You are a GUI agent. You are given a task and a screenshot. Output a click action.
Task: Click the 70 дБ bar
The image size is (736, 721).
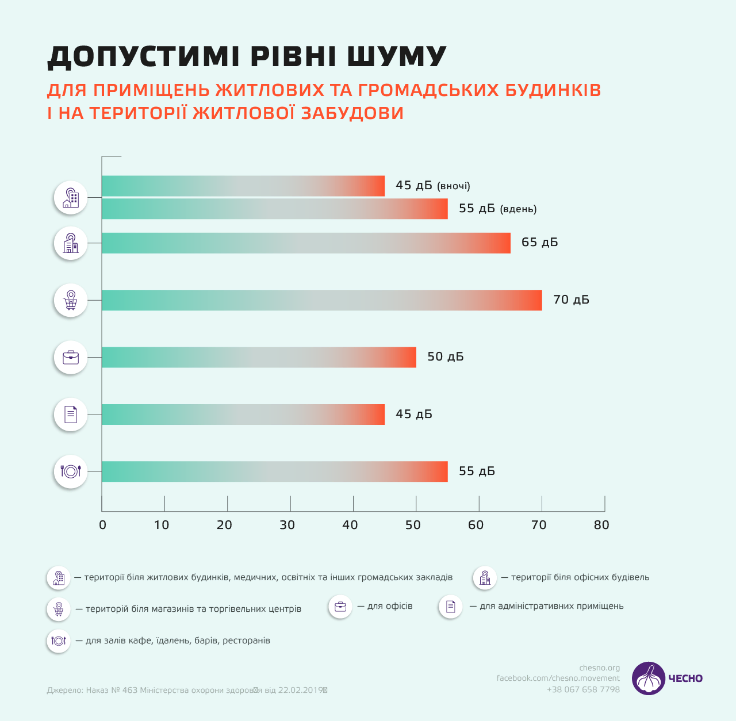tap(321, 300)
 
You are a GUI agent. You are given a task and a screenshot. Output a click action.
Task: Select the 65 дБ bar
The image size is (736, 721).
tap(306, 243)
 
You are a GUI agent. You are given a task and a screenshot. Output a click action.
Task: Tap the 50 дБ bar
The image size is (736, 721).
tap(259, 357)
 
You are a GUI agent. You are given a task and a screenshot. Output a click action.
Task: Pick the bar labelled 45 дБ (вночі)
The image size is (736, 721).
tap(243, 186)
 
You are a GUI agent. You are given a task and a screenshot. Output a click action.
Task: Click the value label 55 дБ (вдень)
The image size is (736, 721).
tap(497, 209)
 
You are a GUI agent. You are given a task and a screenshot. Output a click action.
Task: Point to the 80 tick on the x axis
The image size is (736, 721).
tap(601, 525)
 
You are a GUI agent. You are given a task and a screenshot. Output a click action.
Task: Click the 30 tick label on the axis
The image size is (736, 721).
tap(287, 525)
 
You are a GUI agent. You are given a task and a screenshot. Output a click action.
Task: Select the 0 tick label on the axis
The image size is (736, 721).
tap(102, 525)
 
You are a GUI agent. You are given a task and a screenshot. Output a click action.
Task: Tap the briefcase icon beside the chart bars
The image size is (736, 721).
tap(71, 358)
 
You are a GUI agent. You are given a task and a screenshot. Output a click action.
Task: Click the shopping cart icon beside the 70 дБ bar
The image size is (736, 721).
tap(71, 300)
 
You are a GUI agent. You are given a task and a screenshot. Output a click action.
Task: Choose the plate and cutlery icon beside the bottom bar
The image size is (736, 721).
tap(71, 471)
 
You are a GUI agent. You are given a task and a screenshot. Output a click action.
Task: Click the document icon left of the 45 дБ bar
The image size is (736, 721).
tap(71, 415)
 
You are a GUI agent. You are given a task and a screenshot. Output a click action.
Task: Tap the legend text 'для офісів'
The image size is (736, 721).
tap(390, 606)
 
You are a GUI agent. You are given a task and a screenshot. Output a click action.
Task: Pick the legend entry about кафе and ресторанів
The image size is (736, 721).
tap(178, 641)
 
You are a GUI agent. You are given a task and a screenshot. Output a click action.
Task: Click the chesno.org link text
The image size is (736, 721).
tap(600, 668)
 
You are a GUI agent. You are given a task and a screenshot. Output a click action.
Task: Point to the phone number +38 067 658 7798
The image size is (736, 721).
tap(583, 689)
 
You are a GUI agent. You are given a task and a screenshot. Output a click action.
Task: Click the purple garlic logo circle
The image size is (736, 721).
tap(649, 678)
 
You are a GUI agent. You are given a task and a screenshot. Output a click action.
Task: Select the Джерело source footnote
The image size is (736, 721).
tap(187, 690)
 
